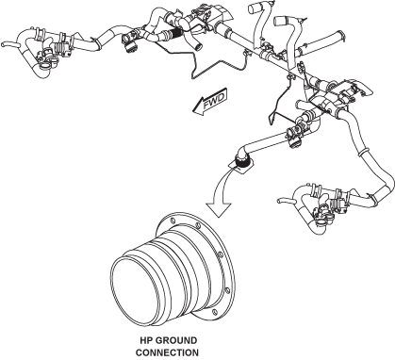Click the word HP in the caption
click(x=146, y=340)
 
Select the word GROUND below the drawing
click(x=176, y=340)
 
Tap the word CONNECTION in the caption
click(x=167, y=352)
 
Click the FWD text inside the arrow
click(x=214, y=101)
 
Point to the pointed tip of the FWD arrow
click(x=193, y=110)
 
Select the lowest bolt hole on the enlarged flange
click(x=215, y=312)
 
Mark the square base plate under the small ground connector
click(x=242, y=166)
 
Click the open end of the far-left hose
click(x=3, y=44)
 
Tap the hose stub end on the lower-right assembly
click(x=279, y=201)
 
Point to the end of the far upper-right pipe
click(x=341, y=35)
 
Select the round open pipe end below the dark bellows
click(x=198, y=48)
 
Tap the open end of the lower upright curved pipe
click(x=279, y=21)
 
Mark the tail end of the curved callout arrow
click(x=233, y=168)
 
